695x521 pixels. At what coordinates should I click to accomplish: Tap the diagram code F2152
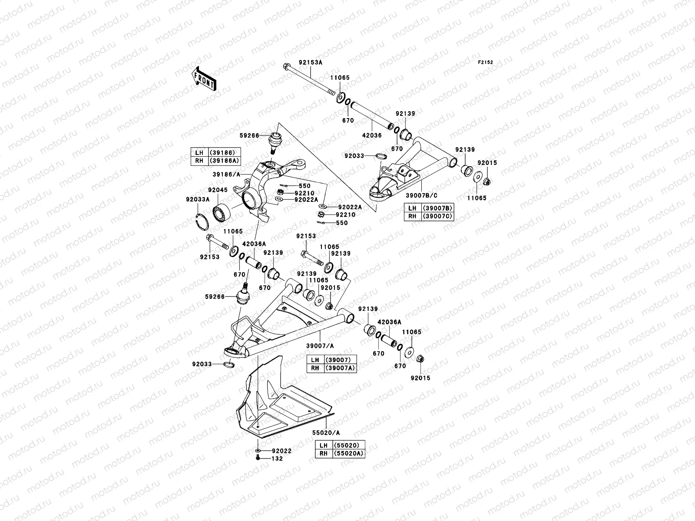click(x=486, y=63)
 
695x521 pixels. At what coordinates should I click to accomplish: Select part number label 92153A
click(x=310, y=63)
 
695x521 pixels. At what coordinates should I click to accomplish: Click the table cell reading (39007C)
click(x=437, y=216)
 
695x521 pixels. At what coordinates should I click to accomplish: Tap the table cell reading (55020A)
click(x=348, y=454)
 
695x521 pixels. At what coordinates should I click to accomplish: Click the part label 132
click(x=277, y=458)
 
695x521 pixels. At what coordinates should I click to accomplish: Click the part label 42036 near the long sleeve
click(x=372, y=135)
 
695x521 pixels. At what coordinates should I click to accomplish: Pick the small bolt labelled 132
click(x=258, y=458)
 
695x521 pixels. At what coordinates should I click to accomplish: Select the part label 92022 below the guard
click(x=281, y=451)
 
